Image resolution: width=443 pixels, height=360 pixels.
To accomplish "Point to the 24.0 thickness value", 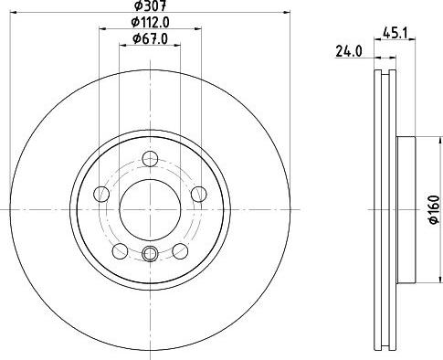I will pos(347,53).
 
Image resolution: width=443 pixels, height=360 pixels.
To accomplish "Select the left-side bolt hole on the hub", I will pos(101,193).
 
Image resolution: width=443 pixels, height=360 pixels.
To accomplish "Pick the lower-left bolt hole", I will pos(120,250).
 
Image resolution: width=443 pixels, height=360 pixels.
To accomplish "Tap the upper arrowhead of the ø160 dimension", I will pos(416,139).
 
